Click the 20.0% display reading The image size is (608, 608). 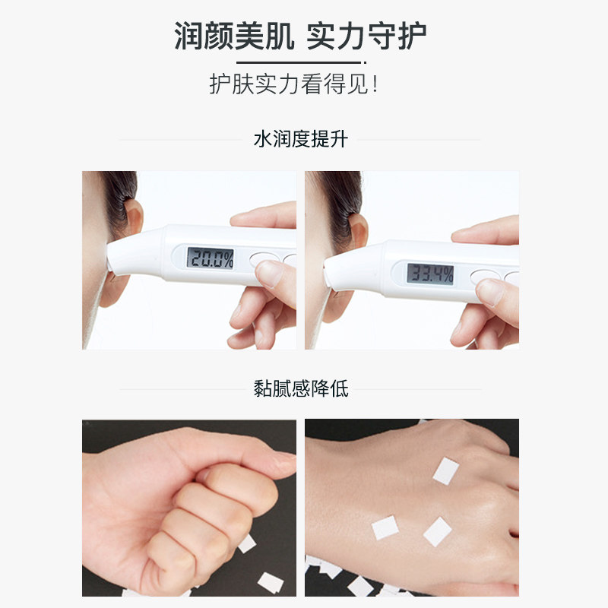pyautogui.click(x=211, y=258)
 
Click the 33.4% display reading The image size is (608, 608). pyautogui.click(x=429, y=274)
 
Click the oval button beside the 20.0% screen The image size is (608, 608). pyautogui.click(x=261, y=258)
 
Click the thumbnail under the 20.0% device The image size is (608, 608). pyautogui.click(x=269, y=274)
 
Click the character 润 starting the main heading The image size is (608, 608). pyautogui.click(x=189, y=35)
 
